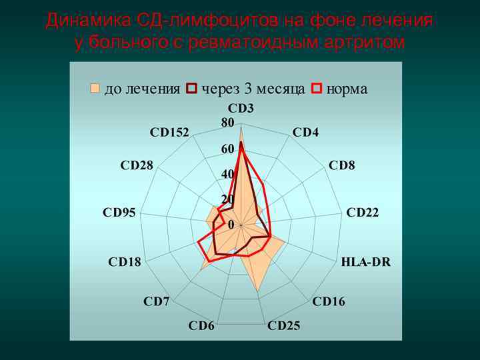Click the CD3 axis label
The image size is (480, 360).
[241, 107]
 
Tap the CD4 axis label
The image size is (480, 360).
[305, 132]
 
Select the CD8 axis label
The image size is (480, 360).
[342, 165]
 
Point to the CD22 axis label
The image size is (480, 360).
[363, 213]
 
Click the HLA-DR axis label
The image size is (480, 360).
[366, 262]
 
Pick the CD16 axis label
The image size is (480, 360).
[329, 302]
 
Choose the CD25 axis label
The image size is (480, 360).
[283, 326]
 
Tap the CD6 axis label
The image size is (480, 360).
[201, 326]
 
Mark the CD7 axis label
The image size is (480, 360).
[156, 302]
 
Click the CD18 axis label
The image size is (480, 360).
[125, 262]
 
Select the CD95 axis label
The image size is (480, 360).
[119, 213]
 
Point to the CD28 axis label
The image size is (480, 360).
[137, 165]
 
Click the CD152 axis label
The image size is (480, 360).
[169, 132]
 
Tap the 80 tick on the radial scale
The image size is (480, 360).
[227, 123]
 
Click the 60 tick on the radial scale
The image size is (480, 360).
[227, 149]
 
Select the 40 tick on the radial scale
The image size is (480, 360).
[227, 174]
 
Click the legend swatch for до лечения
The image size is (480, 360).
[95, 89]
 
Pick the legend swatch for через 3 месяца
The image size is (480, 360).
[192, 89]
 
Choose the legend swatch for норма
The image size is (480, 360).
[317, 89]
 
